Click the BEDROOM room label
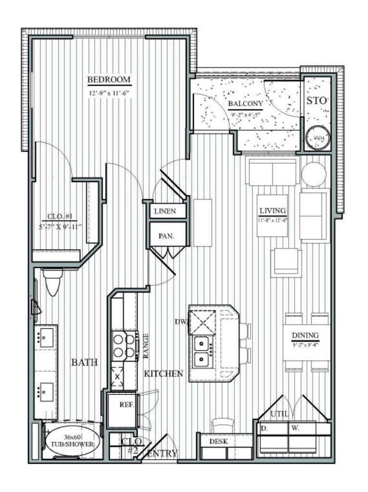[109, 79]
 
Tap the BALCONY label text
[245, 103]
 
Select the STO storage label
[317, 101]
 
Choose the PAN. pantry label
[166, 236]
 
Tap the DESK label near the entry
[217, 441]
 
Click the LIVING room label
[273, 210]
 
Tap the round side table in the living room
[314, 174]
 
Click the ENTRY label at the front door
[163, 453]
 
